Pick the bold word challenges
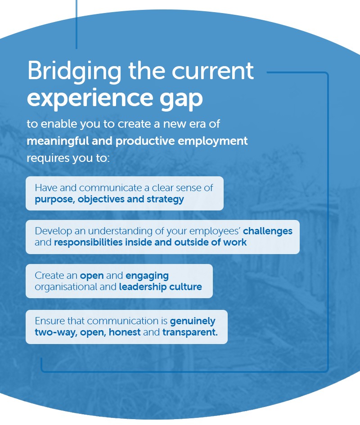click(268, 231)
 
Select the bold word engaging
click(147, 275)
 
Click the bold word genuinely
click(193, 322)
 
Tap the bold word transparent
click(190, 333)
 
